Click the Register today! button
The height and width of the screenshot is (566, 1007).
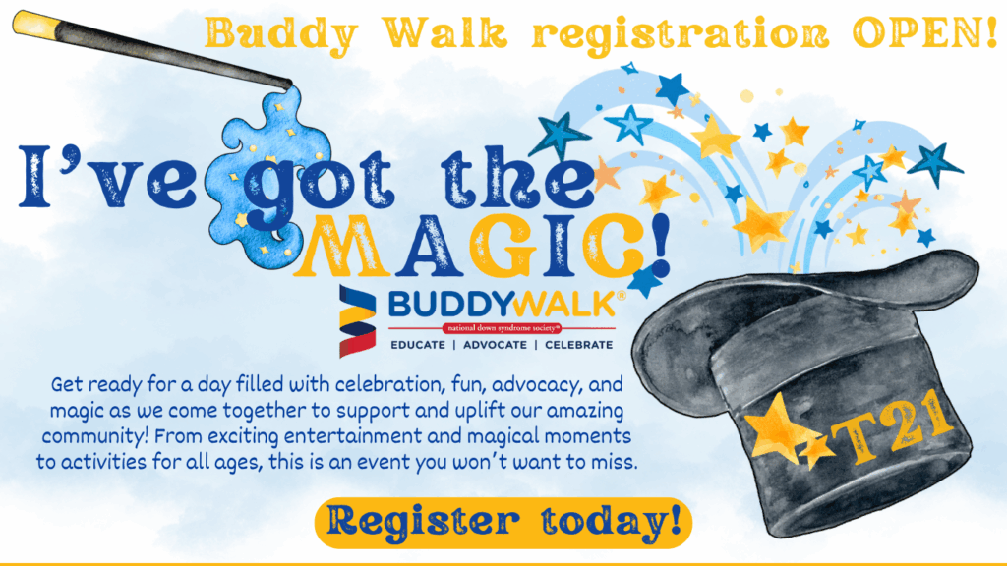503,523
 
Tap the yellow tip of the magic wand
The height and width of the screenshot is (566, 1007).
35,25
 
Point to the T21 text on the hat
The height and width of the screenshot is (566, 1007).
890,426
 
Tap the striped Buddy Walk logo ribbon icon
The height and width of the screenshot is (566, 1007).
357,321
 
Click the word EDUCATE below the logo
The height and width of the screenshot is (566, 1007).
417,345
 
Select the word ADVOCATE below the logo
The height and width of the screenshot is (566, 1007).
495,345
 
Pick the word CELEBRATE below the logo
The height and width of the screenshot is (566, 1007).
578,345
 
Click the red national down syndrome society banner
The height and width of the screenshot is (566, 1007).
502,328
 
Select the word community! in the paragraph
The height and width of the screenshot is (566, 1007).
95,437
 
